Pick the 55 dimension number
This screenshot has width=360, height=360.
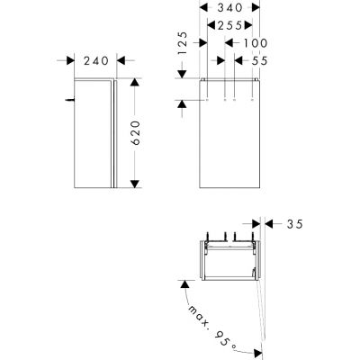[262, 60]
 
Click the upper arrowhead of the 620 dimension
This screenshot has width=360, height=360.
[133, 82]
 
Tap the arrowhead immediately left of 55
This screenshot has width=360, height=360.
[240, 60]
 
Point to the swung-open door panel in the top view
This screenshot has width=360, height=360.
[262, 306]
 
